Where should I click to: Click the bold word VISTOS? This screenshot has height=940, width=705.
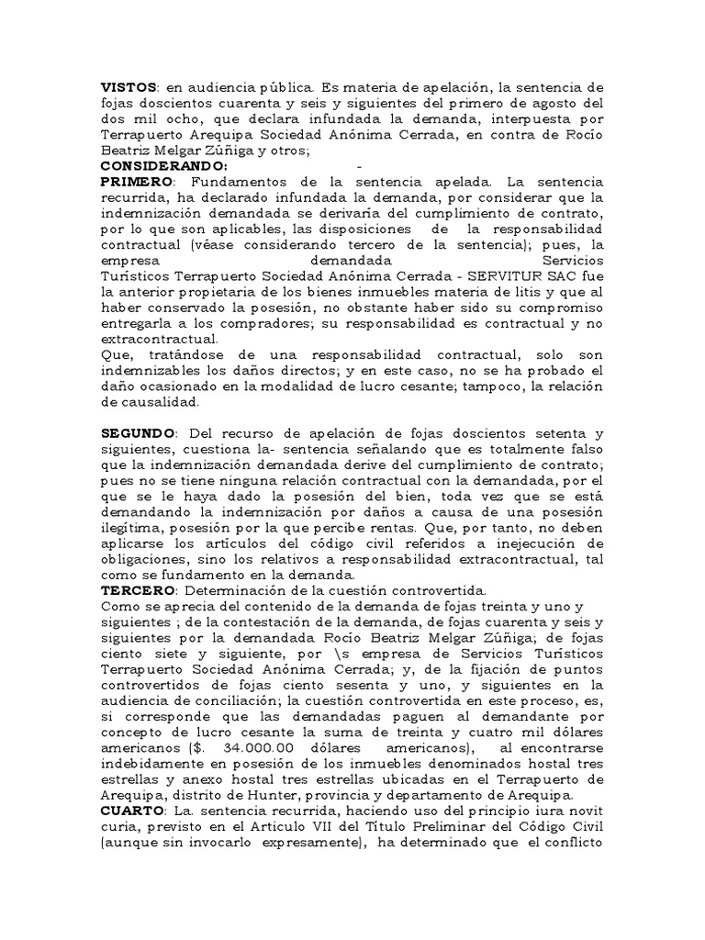coord(128,87)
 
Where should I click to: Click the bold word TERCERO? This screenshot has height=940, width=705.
coord(135,589)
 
